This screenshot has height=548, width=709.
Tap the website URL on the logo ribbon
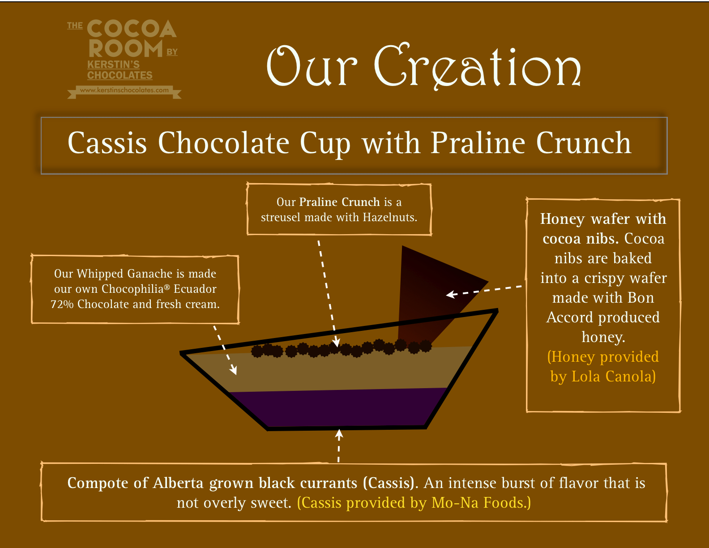(124, 90)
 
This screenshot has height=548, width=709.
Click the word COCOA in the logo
(132, 28)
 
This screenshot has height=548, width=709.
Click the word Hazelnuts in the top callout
(390, 218)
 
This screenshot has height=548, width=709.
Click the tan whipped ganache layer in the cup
(326, 370)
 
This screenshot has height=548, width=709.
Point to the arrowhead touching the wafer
(450, 295)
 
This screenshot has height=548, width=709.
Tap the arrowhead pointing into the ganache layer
(233, 370)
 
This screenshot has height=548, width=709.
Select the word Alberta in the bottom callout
(178, 483)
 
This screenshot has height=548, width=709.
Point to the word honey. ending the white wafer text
(603, 337)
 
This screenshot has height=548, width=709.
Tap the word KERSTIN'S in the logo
(113, 64)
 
